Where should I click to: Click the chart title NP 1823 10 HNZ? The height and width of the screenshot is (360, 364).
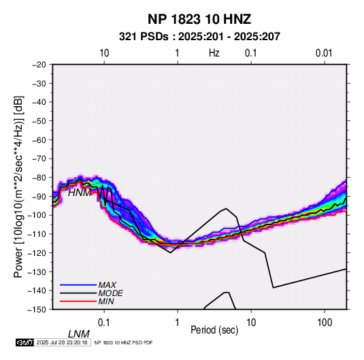point(199,19)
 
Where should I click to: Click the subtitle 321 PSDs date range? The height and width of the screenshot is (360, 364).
point(199,37)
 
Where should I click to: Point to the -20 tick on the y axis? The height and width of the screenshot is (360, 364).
point(39,65)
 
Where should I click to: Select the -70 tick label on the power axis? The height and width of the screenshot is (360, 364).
point(39,159)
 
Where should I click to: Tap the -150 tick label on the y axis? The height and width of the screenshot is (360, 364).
point(37,310)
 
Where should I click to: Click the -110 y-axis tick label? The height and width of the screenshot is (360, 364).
point(37,234)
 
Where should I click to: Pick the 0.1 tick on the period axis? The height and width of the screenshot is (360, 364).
point(104,323)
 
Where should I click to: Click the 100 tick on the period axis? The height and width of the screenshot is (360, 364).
point(325,323)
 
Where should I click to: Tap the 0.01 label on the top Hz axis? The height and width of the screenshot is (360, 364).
point(324,53)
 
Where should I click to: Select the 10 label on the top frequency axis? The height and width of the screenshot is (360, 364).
point(104,53)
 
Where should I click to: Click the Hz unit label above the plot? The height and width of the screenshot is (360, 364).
point(214,53)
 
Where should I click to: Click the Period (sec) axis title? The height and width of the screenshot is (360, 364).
point(214,330)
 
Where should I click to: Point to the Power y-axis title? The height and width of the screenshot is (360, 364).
point(18,186)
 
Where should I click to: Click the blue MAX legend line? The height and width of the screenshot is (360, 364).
point(78,284)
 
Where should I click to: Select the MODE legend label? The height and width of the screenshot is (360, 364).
point(110,293)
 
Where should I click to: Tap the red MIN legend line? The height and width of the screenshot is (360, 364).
point(78,301)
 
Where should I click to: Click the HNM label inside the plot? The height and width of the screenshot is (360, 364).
point(80,193)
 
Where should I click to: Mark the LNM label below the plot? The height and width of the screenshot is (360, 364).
point(79,334)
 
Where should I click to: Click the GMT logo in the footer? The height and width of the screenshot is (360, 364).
point(25,342)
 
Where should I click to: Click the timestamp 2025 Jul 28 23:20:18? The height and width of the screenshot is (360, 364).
point(62,342)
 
